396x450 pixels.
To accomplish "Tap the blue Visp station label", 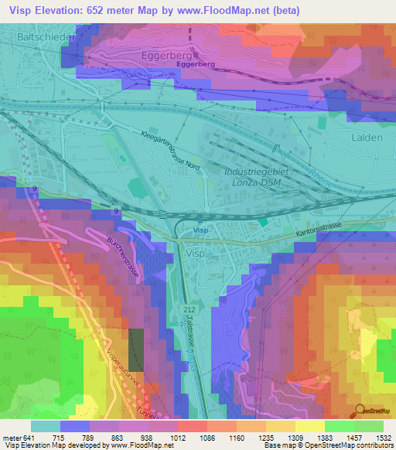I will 201,230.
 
